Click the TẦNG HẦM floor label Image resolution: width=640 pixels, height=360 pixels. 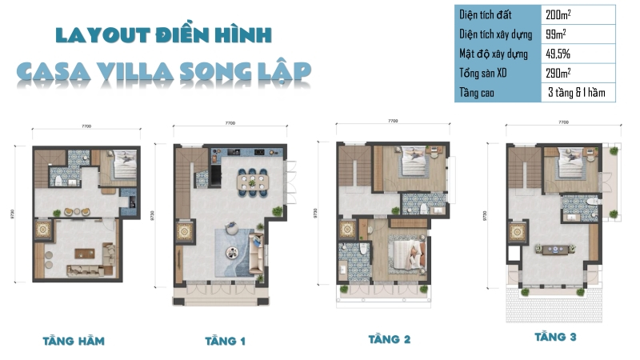pyautogui.click(x=73, y=341)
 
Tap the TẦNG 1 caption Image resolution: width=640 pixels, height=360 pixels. pyautogui.click(x=225, y=342)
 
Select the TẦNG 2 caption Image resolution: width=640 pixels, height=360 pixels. pyautogui.click(x=390, y=339)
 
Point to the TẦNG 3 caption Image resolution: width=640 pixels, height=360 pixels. pyautogui.click(x=556, y=337)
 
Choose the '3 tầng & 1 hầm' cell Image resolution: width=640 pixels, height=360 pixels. pyautogui.click(x=577, y=93)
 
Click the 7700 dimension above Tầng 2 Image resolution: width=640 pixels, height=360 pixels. pyautogui.click(x=393, y=120)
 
